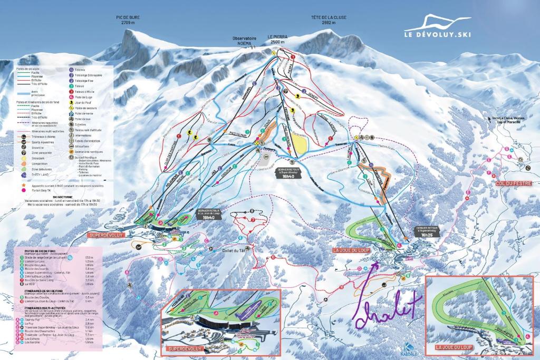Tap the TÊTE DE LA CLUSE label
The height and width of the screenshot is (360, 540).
329,17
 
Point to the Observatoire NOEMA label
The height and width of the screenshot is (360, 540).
245,41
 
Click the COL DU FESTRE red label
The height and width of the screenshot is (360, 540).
510,183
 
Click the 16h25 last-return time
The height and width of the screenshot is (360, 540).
428,235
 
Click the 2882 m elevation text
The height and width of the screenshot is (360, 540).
329,23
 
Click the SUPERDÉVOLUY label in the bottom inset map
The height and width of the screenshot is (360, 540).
185,349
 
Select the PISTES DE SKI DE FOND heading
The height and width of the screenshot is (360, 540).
40,251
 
